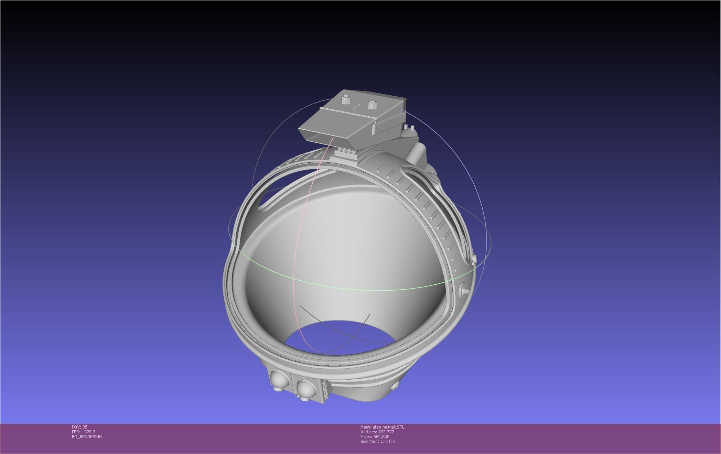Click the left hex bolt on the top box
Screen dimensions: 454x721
pyautogui.click(x=345, y=100)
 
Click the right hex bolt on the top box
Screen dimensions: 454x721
pyautogui.click(x=372, y=104)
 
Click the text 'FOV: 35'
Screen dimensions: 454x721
pyautogui.click(x=79, y=427)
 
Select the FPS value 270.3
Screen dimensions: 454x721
pyautogui.click(x=89, y=432)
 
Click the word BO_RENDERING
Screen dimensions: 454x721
pyautogui.click(x=87, y=437)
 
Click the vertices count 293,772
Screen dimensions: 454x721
pyautogui.click(x=386, y=432)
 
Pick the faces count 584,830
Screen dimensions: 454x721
pyautogui.click(x=381, y=437)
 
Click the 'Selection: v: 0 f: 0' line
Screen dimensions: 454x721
pyautogui.click(x=378, y=442)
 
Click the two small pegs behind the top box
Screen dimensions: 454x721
pyautogui.click(x=409, y=128)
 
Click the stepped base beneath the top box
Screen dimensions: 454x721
pyautogui.click(x=344, y=154)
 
